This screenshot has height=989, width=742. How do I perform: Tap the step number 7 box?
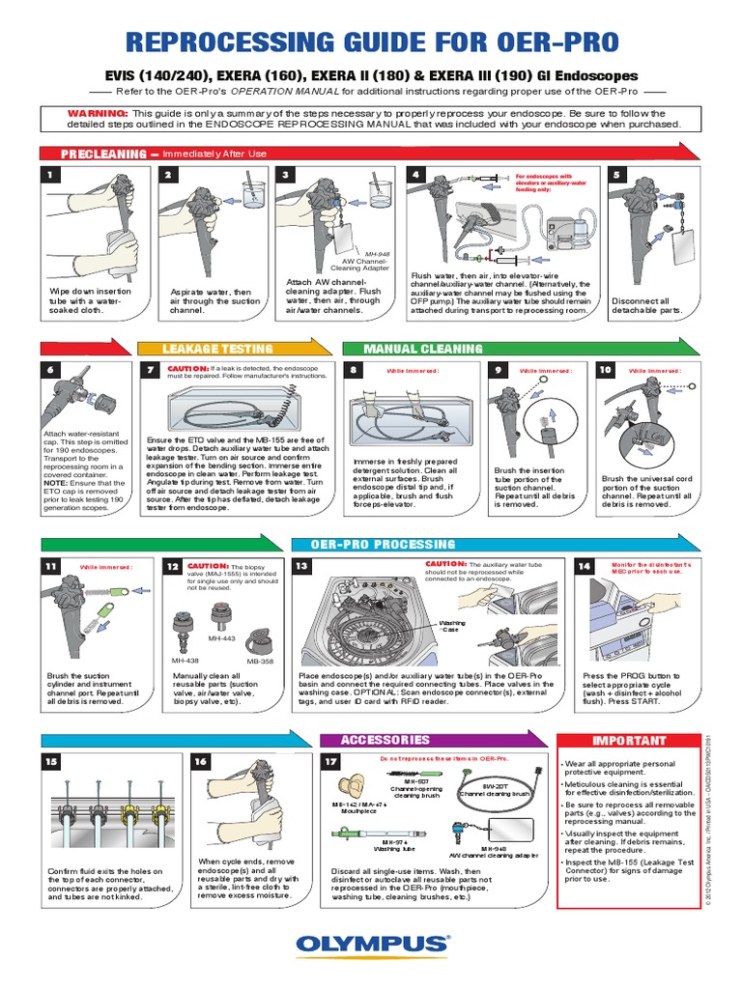(150, 370)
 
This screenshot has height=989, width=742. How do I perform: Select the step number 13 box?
(301, 566)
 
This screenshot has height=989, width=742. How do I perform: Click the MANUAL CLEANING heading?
(422, 349)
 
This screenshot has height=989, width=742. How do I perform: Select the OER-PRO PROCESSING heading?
(382, 545)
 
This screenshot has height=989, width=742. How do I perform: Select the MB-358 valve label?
(258, 662)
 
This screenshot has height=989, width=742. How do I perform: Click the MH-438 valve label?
(185, 661)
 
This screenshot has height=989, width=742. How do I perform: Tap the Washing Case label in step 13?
(452, 626)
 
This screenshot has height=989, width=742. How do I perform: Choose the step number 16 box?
(200, 762)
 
